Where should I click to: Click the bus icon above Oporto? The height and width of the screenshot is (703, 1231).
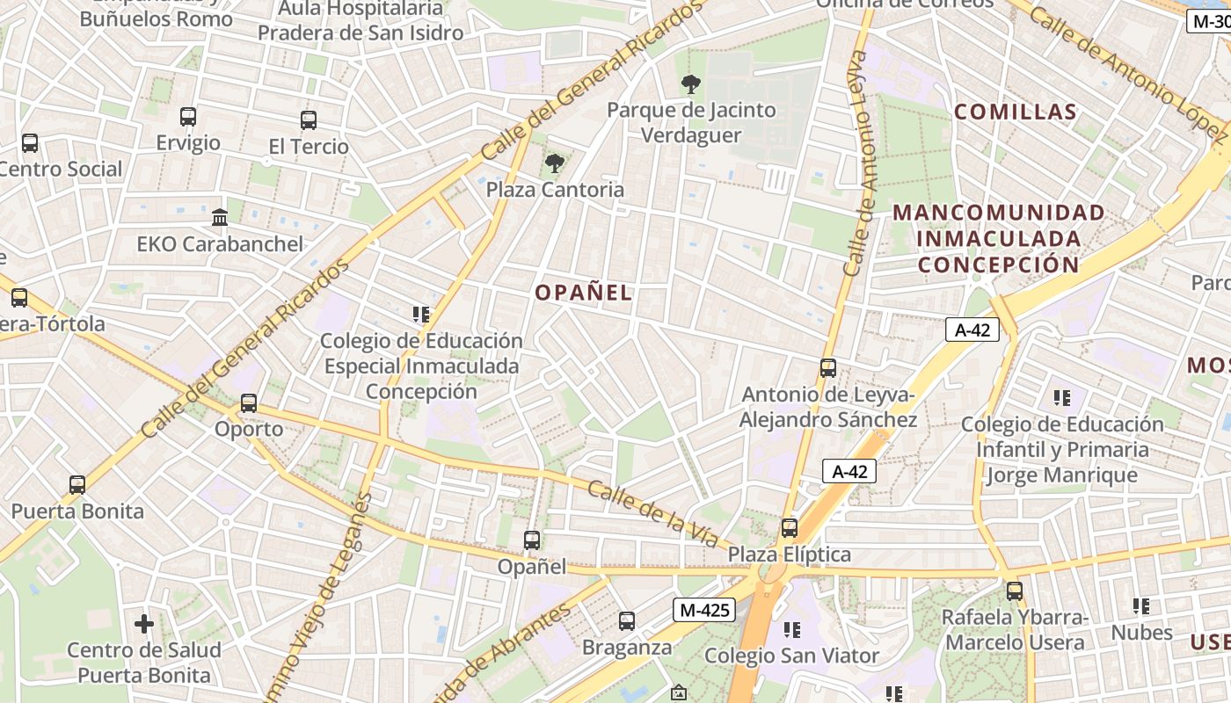pyautogui.click(x=249, y=403)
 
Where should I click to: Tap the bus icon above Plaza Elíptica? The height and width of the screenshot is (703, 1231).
pyautogui.click(x=790, y=528)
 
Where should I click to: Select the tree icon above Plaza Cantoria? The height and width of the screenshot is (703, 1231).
pyautogui.click(x=554, y=163)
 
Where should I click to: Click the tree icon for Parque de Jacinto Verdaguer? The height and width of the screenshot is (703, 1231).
pyautogui.click(x=691, y=84)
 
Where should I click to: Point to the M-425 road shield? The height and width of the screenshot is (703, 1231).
pyautogui.click(x=704, y=610)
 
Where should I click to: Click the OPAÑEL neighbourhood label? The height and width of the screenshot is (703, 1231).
pyautogui.click(x=584, y=293)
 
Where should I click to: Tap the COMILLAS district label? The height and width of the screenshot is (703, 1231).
pyautogui.click(x=1016, y=112)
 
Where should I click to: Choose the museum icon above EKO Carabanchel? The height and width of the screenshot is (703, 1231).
pyautogui.click(x=220, y=217)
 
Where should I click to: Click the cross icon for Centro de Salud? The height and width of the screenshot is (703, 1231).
pyautogui.click(x=144, y=624)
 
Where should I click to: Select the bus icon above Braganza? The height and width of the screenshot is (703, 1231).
pyautogui.click(x=627, y=621)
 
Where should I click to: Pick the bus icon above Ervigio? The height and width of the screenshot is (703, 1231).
pyautogui.click(x=188, y=116)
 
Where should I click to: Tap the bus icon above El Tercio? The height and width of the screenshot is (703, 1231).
pyautogui.click(x=309, y=120)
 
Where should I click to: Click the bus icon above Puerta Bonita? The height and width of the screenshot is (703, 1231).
pyautogui.click(x=77, y=484)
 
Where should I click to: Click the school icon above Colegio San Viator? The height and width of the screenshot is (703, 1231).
pyautogui.click(x=792, y=629)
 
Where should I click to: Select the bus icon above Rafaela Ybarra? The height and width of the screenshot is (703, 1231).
pyautogui.click(x=1015, y=591)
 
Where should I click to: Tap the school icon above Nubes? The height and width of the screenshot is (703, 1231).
pyautogui.click(x=1141, y=606)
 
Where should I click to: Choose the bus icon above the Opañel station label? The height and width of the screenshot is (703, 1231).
pyautogui.click(x=532, y=540)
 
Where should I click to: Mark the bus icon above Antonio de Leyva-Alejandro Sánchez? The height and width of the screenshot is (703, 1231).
pyautogui.click(x=828, y=368)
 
